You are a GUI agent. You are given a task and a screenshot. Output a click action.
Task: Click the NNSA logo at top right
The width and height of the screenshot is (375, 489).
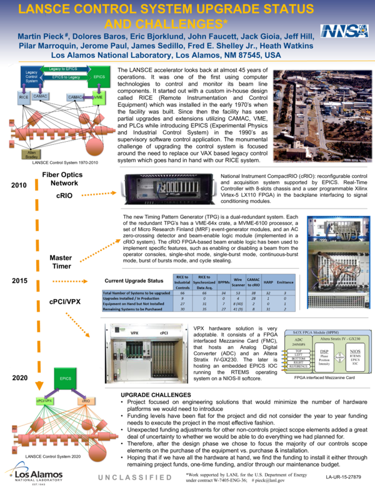click(x=337, y=32)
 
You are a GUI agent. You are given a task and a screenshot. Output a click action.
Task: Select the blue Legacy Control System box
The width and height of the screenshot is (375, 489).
click(x=32, y=77)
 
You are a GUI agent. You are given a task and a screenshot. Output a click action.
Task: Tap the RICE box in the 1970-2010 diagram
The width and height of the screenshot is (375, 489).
click(x=24, y=98)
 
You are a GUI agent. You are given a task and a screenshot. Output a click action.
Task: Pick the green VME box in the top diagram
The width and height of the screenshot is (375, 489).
click(x=98, y=97)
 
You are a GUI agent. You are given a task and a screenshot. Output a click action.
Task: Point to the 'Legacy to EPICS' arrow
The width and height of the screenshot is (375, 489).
click(x=63, y=68)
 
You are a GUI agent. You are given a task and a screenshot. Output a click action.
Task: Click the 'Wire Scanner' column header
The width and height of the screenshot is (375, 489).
click(x=237, y=283)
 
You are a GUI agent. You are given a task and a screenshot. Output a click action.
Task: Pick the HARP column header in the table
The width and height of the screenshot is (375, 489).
click(x=268, y=283)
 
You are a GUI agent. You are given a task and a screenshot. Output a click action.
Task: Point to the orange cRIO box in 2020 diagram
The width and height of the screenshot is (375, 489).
click(x=84, y=400)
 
